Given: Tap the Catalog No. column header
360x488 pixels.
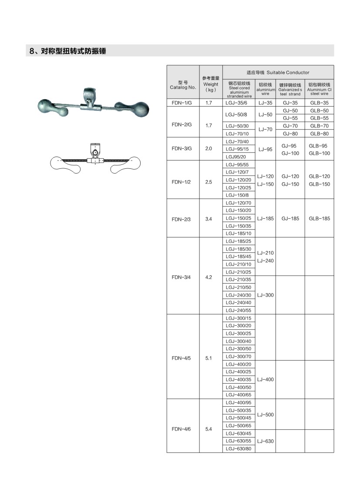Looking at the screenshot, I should [183, 85].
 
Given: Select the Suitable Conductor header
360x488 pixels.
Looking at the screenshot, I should [278, 72].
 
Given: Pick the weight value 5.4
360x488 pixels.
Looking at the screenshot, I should [208, 429].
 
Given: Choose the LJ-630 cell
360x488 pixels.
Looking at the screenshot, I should [265, 441].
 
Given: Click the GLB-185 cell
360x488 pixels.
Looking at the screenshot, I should [319, 218].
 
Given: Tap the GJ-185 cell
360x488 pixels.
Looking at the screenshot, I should [290, 218].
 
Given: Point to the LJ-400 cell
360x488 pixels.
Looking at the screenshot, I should [265, 379].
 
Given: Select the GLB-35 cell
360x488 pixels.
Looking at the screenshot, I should [319, 103].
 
